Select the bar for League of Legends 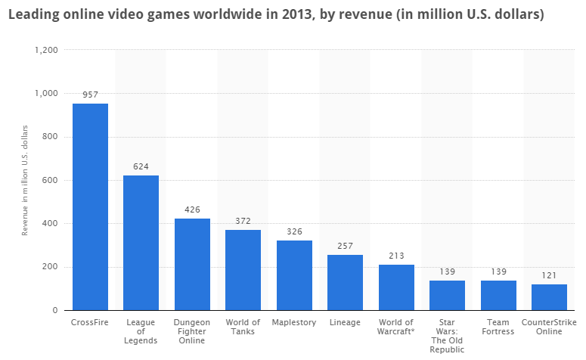click(141, 242)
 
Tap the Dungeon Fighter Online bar click(192, 264)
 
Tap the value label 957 click(90, 95)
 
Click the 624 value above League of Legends click(141, 166)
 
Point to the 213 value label click(396, 256)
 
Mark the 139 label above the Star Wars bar click(447, 272)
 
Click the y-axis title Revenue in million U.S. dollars click(25, 180)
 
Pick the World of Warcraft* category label click(396, 327)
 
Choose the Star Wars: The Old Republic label click(447, 336)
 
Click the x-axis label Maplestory click(294, 322)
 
